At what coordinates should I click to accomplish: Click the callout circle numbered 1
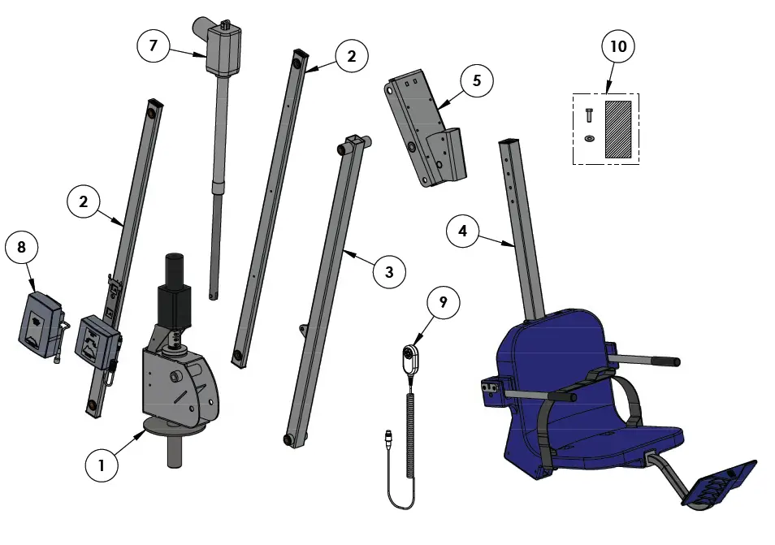[102, 465]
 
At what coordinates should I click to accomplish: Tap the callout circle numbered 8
[22, 247]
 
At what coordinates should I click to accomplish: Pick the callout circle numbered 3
[390, 272]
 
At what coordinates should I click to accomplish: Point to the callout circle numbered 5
[477, 80]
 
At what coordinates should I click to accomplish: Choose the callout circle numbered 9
[443, 302]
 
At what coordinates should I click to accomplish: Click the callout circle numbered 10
[618, 47]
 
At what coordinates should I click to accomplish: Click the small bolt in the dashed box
[588, 115]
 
